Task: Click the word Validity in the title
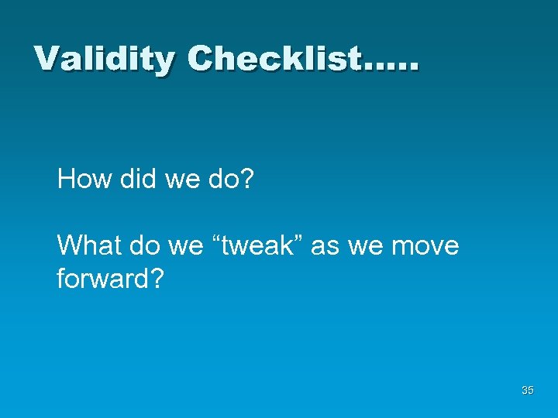pos(104,59)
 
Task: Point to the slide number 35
pos(528,391)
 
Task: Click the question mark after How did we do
pos(246,180)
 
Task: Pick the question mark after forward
pos(156,278)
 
